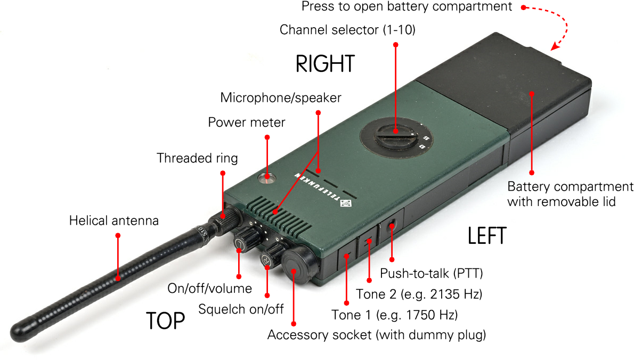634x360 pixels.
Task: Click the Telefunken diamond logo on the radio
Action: click(x=345, y=203)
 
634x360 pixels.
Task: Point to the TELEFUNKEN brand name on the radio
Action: click(x=317, y=189)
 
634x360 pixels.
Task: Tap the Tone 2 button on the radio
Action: click(x=368, y=242)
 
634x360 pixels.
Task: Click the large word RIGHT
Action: click(x=325, y=64)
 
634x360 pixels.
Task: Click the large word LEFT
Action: click(x=487, y=236)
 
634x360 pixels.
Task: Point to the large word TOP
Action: click(x=165, y=321)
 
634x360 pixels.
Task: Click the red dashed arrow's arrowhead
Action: click(x=555, y=47)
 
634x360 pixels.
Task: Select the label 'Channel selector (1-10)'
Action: click(x=347, y=30)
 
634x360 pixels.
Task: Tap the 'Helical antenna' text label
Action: click(x=114, y=220)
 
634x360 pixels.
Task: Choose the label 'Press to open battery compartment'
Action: click(x=407, y=7)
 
